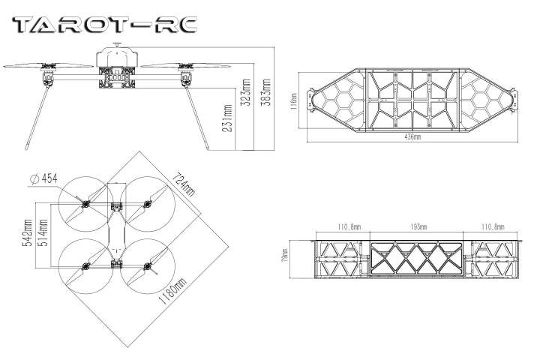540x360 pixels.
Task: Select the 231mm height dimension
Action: (228, 117)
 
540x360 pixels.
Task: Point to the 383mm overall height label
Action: (265, 91)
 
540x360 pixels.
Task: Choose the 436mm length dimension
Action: (412, 137)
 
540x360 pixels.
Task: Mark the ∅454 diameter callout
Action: (43, 178)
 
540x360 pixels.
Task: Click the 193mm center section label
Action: (418, 226)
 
